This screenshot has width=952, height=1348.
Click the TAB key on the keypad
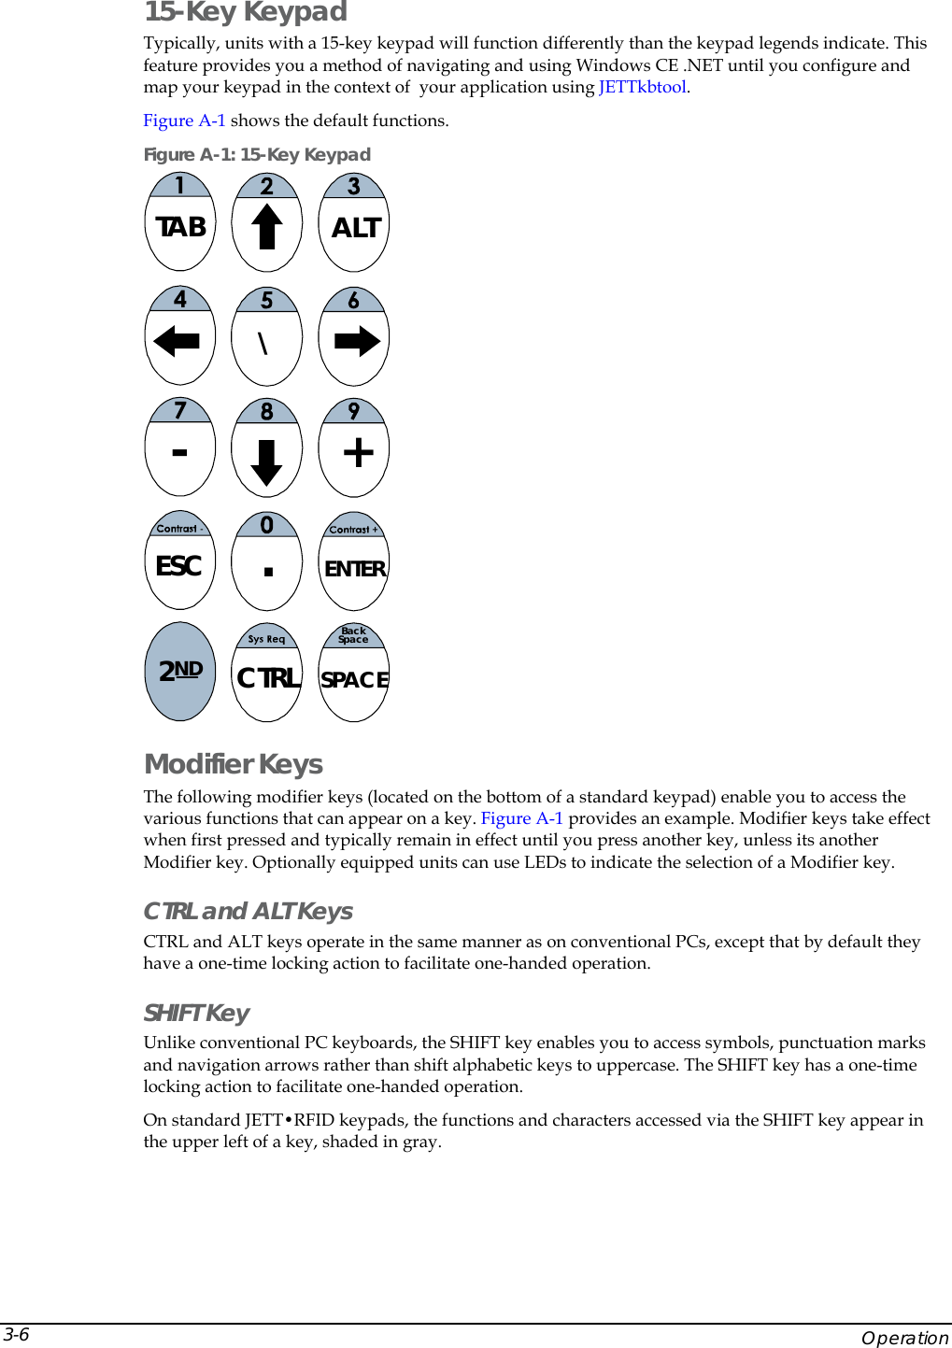[x=180, y=227]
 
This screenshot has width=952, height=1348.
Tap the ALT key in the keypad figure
[x=355, y=228]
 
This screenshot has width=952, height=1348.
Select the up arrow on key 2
[x=267, y=226]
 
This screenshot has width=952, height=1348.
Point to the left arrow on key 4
[x=177, y=342]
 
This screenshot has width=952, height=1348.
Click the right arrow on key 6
[x=357, y=342]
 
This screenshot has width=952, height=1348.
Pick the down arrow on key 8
[x=267, y=461]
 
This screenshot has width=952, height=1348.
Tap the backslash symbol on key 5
[x=263, y=344]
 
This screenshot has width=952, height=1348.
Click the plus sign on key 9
[x=358, y=453]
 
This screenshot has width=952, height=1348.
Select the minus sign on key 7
[x=179, y=453]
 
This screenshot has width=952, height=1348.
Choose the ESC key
[x=179, y=566]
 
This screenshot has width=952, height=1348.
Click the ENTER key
[x=354, y=569]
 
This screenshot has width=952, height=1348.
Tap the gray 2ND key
[x=180, y=671]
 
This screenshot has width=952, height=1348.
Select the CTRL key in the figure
[x=268, y=678]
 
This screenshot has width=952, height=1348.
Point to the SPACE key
[x=354, y=680]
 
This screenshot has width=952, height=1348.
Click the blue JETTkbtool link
[x=642, y=87]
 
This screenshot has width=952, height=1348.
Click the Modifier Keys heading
[x=234, y=764]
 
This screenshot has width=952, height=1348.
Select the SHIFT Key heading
[x=196, y=1013]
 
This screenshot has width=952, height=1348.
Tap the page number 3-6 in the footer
[x=16, y=1334]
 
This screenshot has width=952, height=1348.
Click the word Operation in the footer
[x=903, y=1338]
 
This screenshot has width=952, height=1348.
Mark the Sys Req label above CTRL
[x=266, y=639]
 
